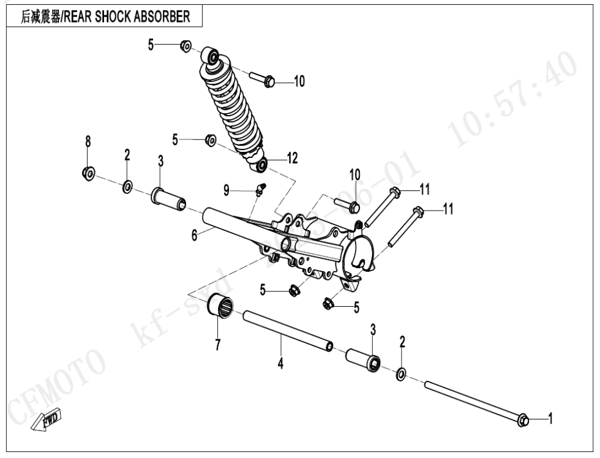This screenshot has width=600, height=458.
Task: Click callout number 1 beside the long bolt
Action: coord(550,419)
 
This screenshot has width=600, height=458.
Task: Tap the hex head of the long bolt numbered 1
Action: coord(523,420)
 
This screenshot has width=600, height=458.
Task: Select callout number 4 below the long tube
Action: coord(280,363)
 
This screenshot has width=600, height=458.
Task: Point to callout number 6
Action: coord(194,235)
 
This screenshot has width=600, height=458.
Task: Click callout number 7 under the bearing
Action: coord(217,345)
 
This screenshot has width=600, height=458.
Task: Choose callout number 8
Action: coord(88,141)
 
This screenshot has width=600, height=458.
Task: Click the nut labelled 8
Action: coord(88,173)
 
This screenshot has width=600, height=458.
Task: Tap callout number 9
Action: coord(226,191)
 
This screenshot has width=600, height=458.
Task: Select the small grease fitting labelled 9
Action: coord(260,188)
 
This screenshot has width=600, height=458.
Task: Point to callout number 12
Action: coord(292,159)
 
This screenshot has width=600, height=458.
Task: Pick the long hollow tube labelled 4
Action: coord(288,331)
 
